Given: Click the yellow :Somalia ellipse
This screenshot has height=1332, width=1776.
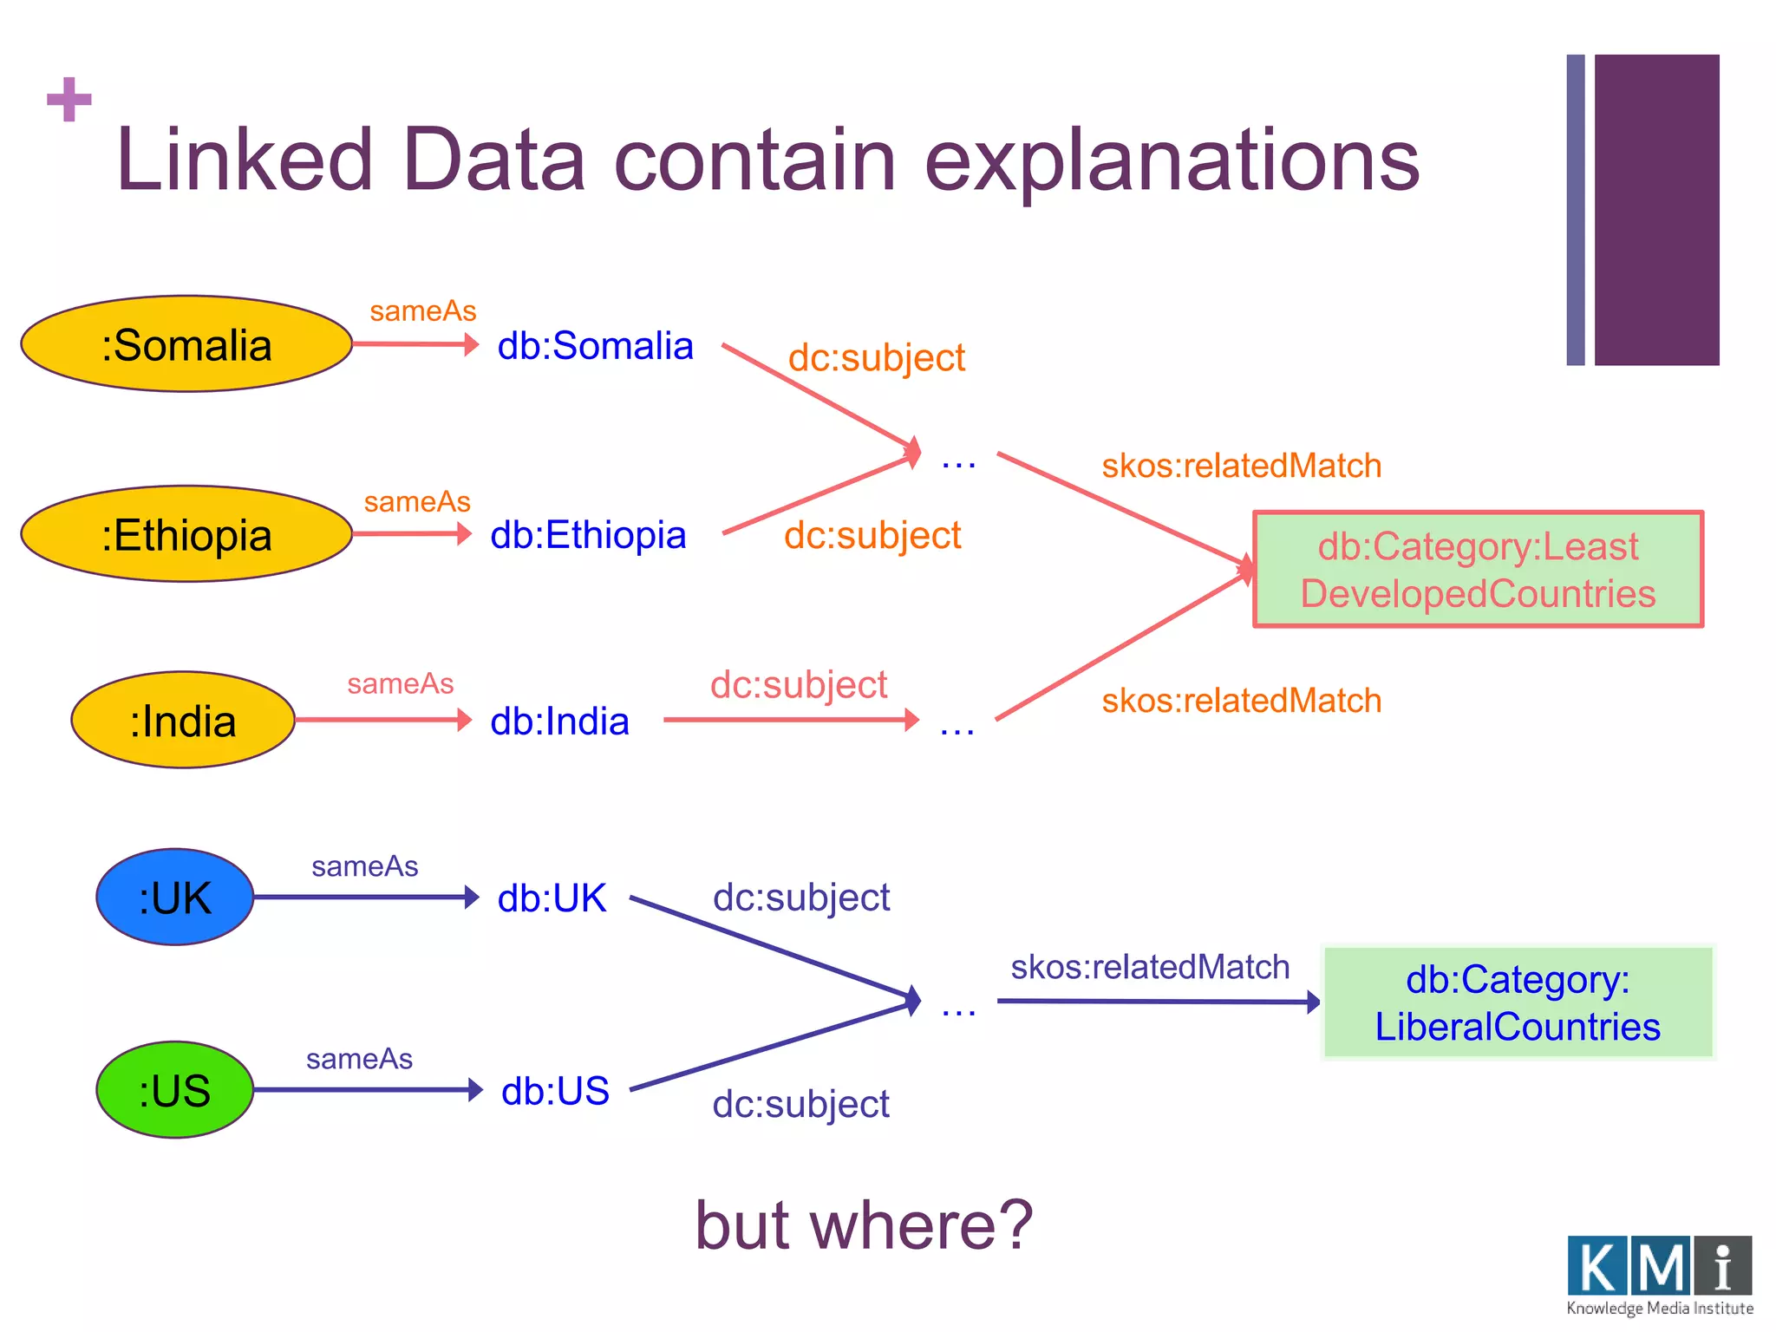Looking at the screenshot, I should (186, 344).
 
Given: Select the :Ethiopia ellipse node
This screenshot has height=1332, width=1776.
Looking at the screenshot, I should (186, 534).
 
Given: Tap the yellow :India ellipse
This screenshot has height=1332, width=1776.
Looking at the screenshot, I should (183, 720).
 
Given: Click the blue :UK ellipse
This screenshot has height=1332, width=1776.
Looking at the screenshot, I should (175, 897).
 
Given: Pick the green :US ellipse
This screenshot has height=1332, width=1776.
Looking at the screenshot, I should (175, 1089).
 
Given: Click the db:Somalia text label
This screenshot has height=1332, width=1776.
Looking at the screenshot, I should (595, 346).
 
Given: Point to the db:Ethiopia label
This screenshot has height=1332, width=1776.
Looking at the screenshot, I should (588, 535).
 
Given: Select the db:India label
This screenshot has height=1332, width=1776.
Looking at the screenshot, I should (559, 721).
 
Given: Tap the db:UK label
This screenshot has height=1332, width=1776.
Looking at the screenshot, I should (552, 898).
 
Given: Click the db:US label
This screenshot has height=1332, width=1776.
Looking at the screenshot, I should (555, 1091).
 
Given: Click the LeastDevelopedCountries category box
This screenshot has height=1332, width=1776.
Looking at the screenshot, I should (1478, 570).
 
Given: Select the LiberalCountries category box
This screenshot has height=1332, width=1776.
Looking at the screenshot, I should (1518, 1002).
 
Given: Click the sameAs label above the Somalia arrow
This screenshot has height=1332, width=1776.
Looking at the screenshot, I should (422, 310).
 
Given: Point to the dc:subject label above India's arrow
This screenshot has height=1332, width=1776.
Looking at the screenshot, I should (798, 684).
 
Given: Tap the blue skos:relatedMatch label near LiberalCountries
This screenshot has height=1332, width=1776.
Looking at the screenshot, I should (1150, 967).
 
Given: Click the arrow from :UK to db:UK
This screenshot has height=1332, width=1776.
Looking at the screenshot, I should (364, 897).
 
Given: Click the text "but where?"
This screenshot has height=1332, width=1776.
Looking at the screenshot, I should (864, 1224).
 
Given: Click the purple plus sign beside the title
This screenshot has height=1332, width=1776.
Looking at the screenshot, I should (69, 99).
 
